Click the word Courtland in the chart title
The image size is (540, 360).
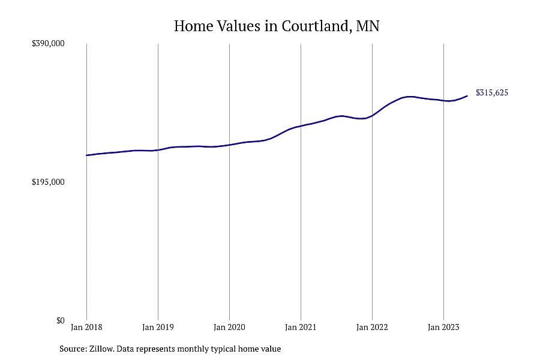pos(316,26)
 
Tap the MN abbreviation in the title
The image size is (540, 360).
pos(368,26)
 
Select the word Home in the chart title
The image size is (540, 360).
pos(194,26)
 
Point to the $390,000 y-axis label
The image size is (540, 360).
pos(48,43)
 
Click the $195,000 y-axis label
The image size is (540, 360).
pos(48,182)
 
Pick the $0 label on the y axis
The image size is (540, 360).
pos(61,320)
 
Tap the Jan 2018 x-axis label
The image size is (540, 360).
pos(86,327)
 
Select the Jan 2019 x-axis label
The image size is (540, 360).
pos(158,327)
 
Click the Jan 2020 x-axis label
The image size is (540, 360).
pos(229,327)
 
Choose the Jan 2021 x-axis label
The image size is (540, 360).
pos(301,327)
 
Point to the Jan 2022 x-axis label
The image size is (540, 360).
pos(372,327)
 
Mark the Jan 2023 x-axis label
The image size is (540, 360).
pos(443,327)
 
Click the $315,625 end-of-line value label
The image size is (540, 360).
pos(492,92)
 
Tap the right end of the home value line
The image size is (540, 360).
pos(467,96)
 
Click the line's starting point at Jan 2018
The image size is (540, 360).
pos(86,155)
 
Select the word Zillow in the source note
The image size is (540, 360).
pos(101,349)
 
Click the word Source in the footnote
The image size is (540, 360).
pos(73,349)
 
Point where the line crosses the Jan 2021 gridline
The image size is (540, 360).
pos(301,126)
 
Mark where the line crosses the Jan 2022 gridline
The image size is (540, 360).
pos(372,115)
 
